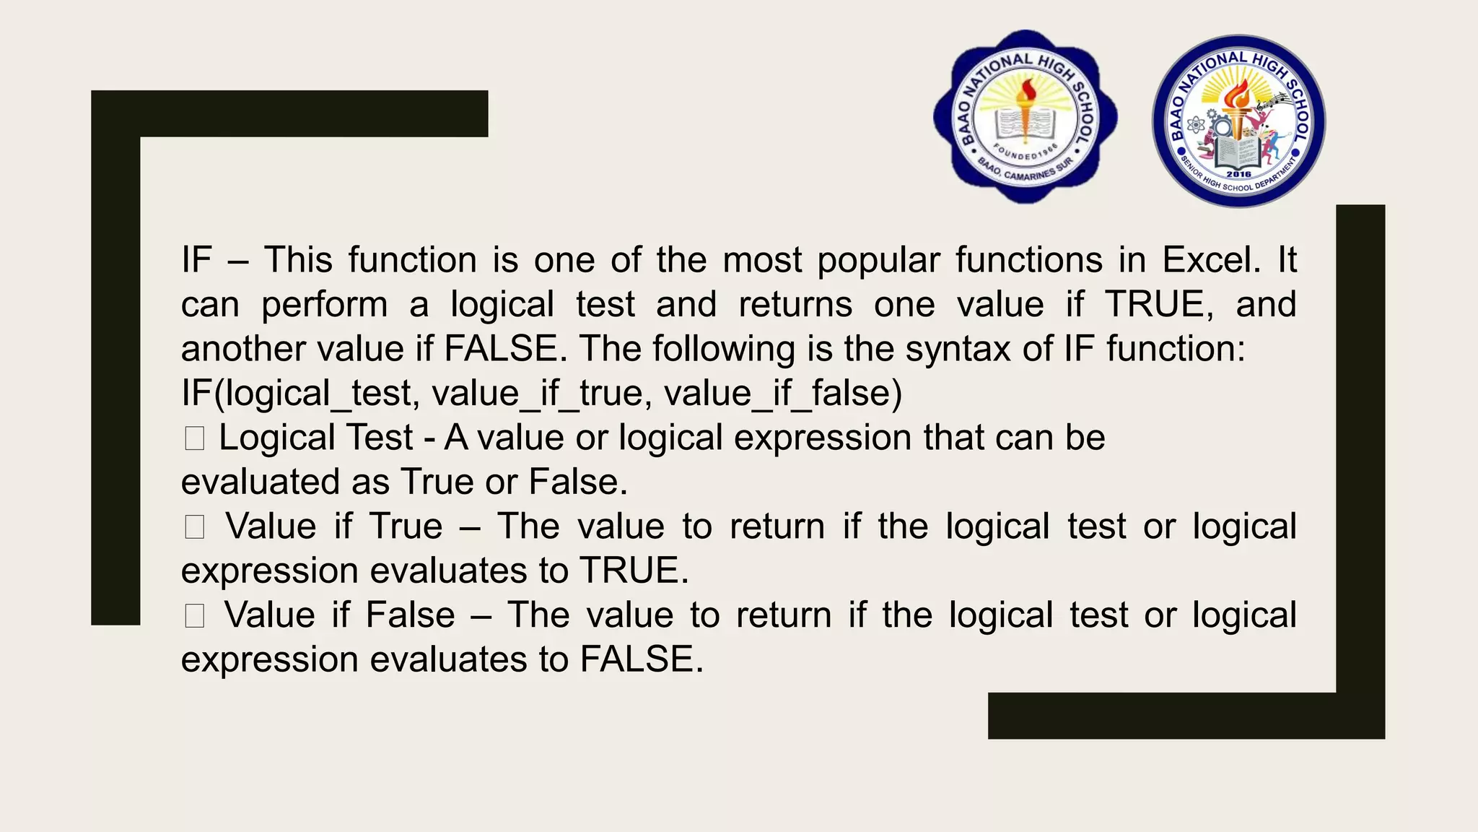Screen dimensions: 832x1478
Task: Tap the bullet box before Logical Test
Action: (194, 438)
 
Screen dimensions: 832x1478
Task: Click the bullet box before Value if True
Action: (194, 527)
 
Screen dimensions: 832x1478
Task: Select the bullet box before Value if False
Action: (194, 616)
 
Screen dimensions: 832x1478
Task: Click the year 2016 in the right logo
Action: (1238, 174)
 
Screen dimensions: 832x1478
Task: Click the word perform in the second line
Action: (324, 305)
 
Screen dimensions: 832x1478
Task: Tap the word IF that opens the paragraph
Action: (196, 260)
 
